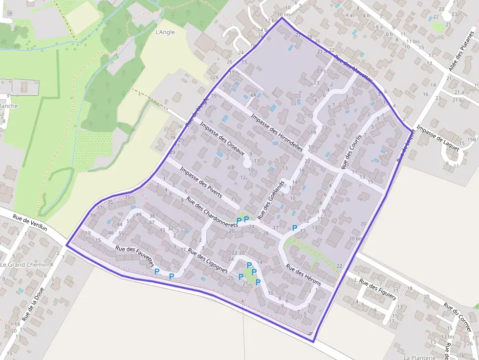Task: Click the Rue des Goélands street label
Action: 270,200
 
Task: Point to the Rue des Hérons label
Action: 304,275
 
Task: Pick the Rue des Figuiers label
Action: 376,289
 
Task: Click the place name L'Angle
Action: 164,33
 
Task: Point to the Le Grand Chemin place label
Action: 24,264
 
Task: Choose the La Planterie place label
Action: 419,357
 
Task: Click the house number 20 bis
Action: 358,238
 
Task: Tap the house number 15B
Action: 471,140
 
